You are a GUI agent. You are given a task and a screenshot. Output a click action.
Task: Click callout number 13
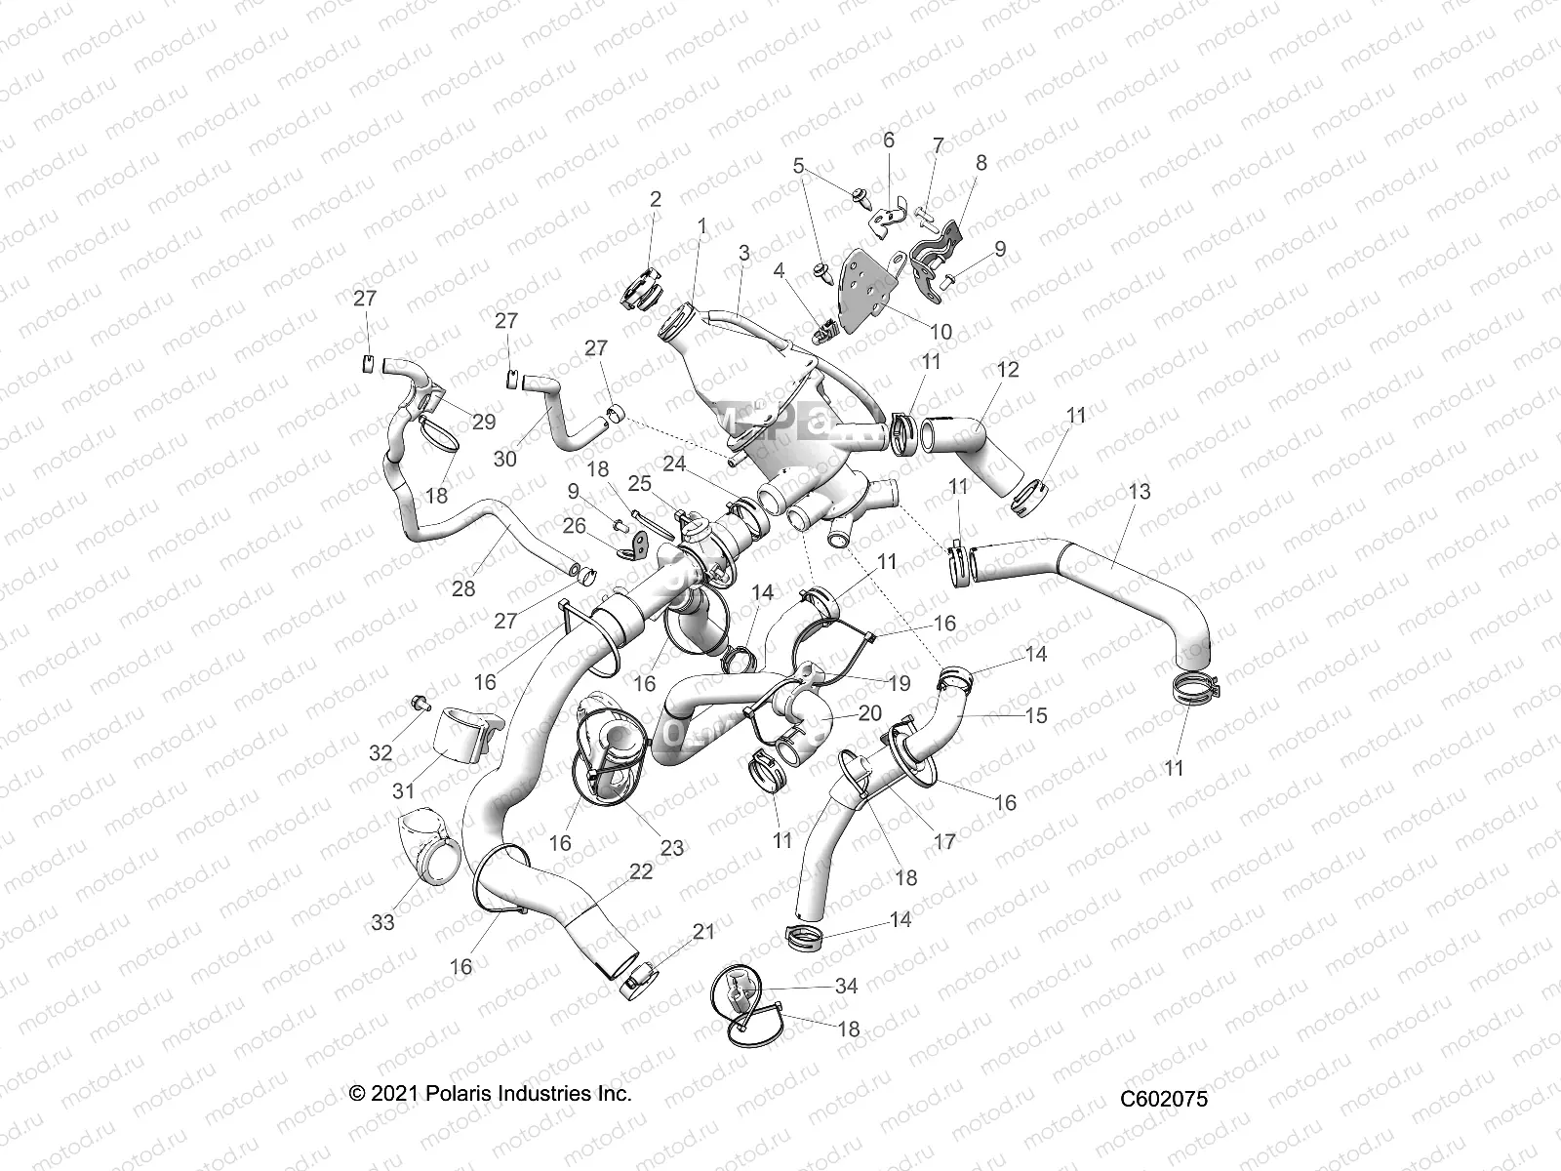(x=1139, y=492)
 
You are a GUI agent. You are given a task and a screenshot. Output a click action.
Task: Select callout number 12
(x=1008, y=369)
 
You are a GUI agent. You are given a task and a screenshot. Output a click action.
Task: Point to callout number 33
(x=383, y=920)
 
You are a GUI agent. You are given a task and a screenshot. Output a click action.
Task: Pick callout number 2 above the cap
(x=656, y=199)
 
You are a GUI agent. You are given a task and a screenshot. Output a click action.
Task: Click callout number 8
(x=981, y=163)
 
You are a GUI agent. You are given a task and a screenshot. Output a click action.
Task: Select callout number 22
(x=641, y=871)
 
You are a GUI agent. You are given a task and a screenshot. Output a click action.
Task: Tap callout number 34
(x=846, y=987)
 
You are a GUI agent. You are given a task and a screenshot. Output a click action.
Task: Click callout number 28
(x=463, y=588)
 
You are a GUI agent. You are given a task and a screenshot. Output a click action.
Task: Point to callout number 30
(x=505, y=458)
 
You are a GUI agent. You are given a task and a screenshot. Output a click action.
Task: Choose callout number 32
(x=380, y=752)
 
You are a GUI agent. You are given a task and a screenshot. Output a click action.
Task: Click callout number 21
(x=703, y=932)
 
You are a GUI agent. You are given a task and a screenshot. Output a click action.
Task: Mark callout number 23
(x=672, y=848)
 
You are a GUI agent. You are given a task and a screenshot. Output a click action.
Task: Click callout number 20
(x=869, y=712)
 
